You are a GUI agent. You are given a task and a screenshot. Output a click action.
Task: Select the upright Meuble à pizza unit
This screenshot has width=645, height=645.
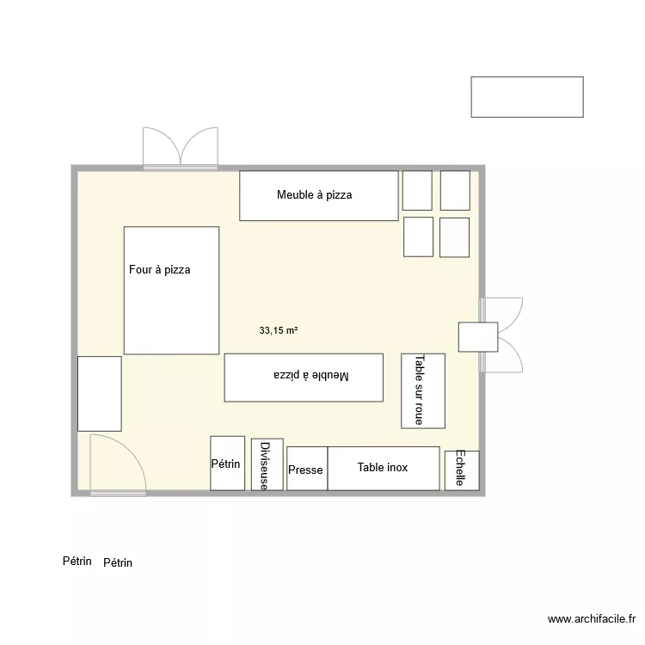(x=318, y=195)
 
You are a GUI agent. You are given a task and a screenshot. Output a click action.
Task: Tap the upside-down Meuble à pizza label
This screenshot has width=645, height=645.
(x=313, y=376)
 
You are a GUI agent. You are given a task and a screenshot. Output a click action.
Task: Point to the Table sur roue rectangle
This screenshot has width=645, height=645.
(x=423, y=390)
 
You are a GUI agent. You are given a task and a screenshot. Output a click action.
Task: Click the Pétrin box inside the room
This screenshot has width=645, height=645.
(x=227, y=464)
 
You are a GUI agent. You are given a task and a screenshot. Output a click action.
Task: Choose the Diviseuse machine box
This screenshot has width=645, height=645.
(x=267, y=465)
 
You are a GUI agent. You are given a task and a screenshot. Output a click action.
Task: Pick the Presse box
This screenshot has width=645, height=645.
(x=306, y=470)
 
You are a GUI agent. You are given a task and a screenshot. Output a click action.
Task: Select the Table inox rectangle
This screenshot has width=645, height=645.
(x=384, y=468)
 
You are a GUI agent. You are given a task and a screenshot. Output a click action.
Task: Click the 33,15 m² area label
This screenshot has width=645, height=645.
(x=278, y=329)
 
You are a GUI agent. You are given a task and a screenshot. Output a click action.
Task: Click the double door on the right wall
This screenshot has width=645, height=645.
(x=502, y=335)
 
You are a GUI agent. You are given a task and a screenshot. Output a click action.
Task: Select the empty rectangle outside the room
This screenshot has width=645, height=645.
(x=526, y=96)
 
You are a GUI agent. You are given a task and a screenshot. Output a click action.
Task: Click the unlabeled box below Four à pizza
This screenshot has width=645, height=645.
(x=99, y=393)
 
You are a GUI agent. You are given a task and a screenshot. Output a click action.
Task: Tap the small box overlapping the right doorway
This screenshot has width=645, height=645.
(x=477, y=336)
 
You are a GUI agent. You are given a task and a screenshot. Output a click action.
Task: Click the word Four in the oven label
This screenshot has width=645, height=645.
(x=140, y=270)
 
